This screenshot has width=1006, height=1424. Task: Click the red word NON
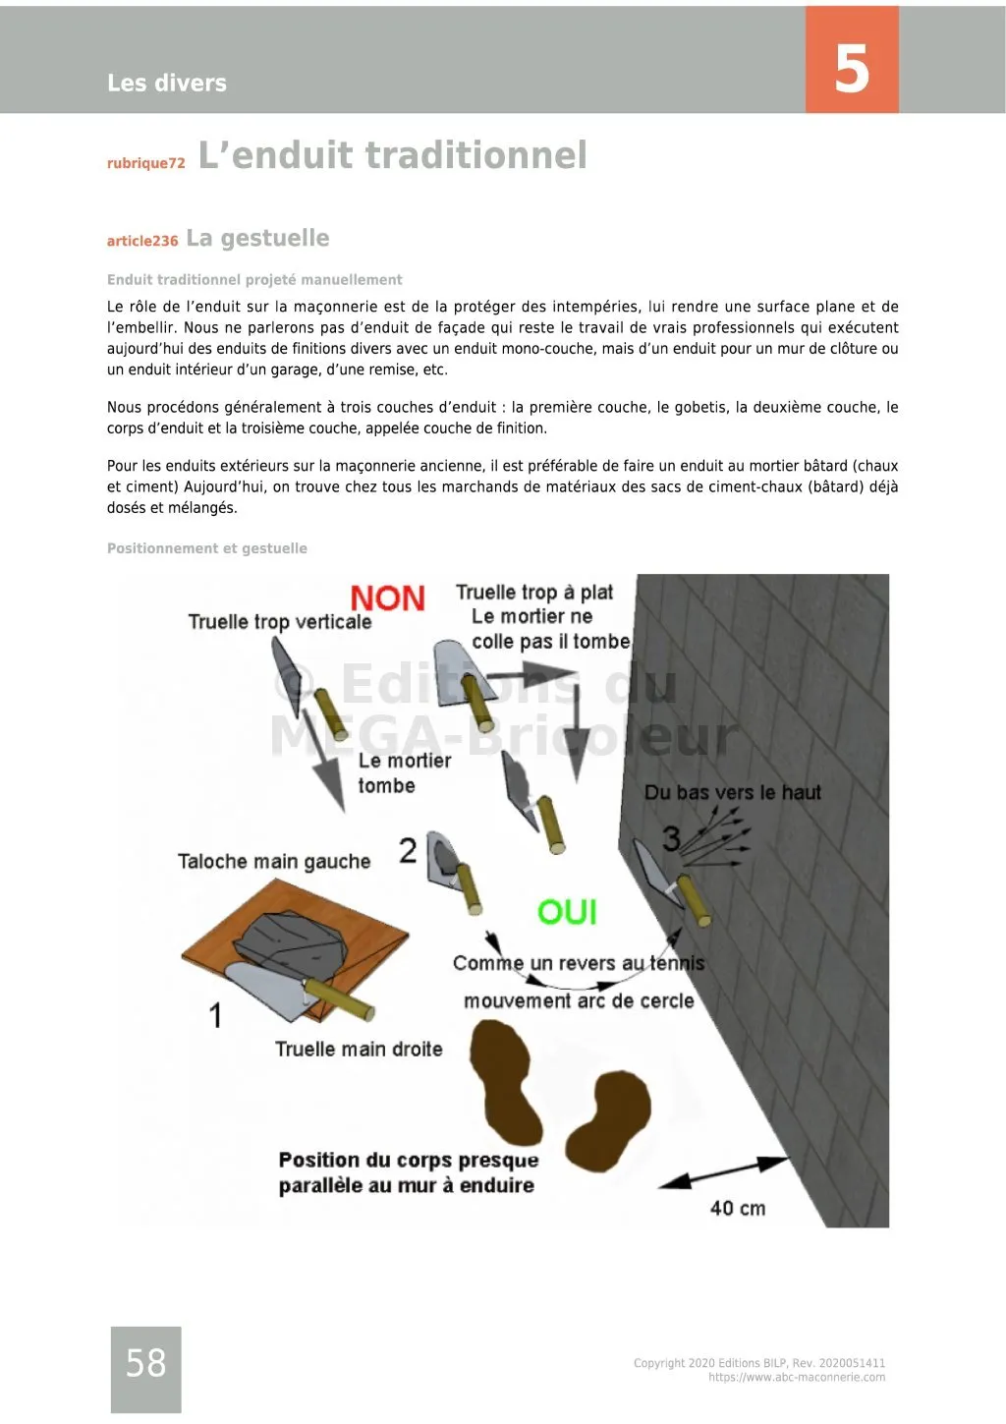[387, 598]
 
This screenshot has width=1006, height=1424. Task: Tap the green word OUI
[567, 912]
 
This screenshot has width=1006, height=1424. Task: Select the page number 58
[145, 1363]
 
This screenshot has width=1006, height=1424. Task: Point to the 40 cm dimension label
[737, 1208]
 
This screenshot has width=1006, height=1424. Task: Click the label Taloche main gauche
[274, 862]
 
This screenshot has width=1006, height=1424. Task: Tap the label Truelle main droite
[359, 1049]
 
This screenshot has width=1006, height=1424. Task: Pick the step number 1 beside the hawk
[215, 1014]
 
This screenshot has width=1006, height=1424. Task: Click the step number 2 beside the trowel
[408, 850]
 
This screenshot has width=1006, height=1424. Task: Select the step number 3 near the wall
[671, 838]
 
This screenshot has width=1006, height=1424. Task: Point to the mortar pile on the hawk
[291, 944]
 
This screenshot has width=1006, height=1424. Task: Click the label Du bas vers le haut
[732, 792]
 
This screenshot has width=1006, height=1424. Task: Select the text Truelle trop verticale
[280, 622]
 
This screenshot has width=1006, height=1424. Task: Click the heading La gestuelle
[257, 238]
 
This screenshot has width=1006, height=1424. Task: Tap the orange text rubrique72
[145, 163]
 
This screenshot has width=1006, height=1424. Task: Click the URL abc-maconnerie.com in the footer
[796, 1377]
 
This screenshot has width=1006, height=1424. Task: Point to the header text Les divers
[167, 83]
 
